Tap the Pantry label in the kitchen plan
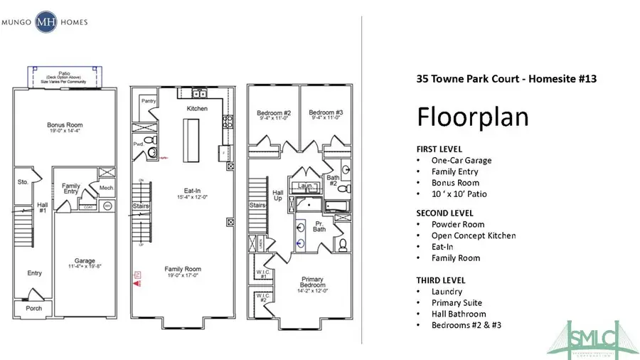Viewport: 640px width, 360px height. [x=148, y=102]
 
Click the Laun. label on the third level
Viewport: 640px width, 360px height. [x=306, y=186]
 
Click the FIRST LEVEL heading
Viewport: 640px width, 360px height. [x=439, y=149]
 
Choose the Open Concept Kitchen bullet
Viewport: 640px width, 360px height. [x=474, y=235]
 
